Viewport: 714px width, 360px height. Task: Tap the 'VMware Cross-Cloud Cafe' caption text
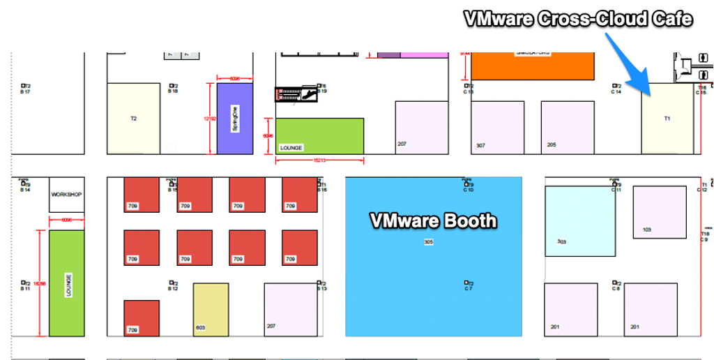pos(578,19)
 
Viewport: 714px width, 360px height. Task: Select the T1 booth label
pos(667,119)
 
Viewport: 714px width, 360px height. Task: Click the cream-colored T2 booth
pos(133,118)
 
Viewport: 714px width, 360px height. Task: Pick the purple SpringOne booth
pos(234,119)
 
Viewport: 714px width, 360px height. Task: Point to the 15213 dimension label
pos(319,160)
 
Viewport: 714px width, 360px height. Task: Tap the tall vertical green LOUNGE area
pos(67,283)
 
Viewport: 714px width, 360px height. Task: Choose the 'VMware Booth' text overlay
pos(433,221)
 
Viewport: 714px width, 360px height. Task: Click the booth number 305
pos(429,242)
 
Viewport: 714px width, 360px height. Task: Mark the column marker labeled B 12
pos(172,286)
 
